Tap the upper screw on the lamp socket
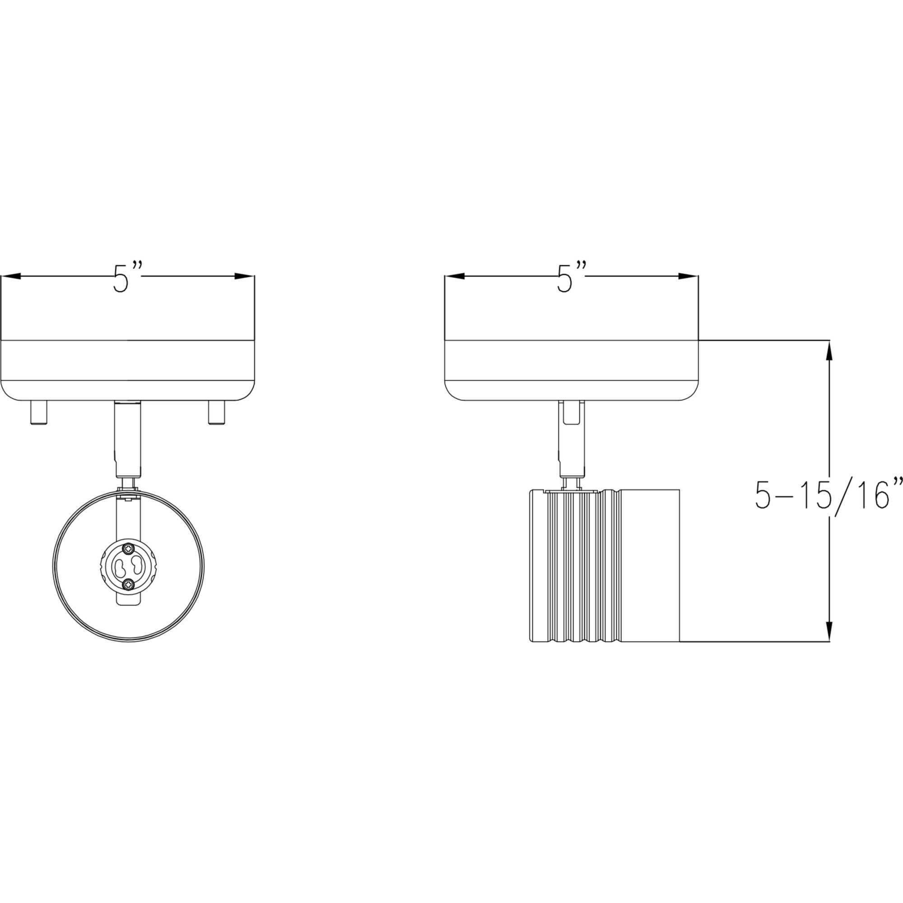click(128, 548)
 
